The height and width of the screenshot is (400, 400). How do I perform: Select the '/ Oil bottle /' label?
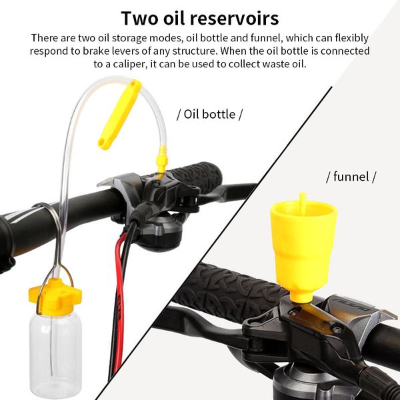click(209, 114)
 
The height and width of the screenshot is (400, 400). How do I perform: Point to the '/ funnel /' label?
click(351, 177)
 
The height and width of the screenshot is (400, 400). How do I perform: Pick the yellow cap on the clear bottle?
click(55, 297)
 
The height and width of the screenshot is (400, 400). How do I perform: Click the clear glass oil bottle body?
click(55, 355)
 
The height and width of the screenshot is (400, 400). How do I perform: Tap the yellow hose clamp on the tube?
click(120, 114)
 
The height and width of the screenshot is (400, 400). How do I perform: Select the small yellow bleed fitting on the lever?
click(161, 159)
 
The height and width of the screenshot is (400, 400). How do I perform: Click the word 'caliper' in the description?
click(130, 64)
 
